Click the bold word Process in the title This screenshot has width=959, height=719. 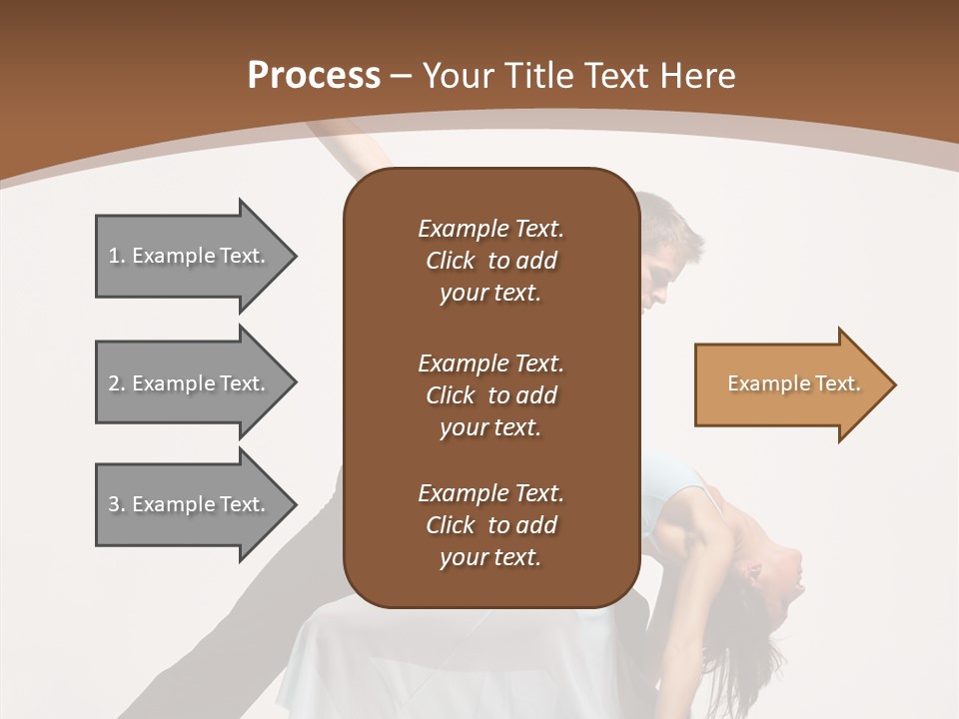[x=314, y=76]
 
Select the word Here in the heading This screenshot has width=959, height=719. [x=697, y=76]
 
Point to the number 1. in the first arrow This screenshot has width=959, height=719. [x=117, y=256]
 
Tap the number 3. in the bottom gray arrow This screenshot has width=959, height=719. [x=117, y=504]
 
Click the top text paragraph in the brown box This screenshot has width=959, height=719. [x=490, y=261]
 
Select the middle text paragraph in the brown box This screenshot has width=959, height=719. [x=490, y=394]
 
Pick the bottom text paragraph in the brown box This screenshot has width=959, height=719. [x=490, y=525]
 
